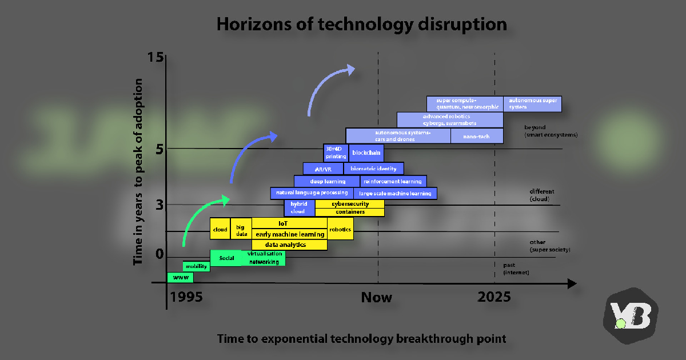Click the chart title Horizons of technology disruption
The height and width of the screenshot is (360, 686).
[361, 25]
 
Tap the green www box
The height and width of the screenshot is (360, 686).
[180, 278]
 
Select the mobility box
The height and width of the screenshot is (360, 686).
[196, 266]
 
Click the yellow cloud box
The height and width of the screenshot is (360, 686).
[220, 229]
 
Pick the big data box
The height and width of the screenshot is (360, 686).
[241, 229]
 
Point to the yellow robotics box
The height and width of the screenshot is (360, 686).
[340, 229]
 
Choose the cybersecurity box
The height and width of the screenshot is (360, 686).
[350, 204]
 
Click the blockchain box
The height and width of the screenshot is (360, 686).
[366, 153]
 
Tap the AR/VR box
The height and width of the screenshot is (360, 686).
[323, 169]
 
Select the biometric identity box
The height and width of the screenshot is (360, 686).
[373, 169]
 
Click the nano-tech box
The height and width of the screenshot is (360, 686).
[477, 136]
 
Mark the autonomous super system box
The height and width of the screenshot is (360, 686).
[532, 104]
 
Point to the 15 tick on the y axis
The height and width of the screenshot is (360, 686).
[155, 57]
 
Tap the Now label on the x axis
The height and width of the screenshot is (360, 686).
[377, 297]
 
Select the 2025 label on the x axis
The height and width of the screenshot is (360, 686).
[494, 297]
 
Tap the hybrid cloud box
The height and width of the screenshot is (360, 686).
[299, 208]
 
